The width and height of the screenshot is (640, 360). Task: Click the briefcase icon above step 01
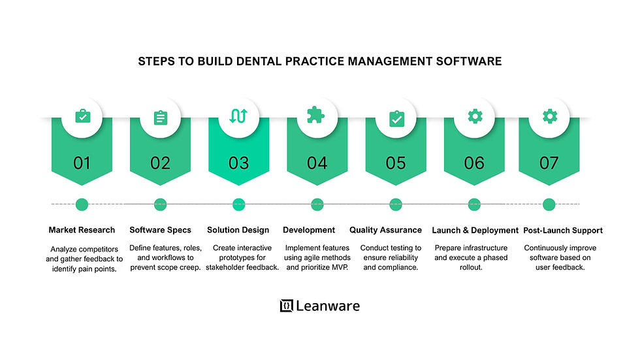point(82,116)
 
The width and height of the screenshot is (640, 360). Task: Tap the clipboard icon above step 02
point(160,117)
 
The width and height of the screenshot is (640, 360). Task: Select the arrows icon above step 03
point(238,116)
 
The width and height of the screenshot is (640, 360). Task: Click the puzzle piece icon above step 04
point(316,116)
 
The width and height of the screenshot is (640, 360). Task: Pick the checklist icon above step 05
point(396,118)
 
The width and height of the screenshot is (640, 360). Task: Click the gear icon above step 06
point(474,116)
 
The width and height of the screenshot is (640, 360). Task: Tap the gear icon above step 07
point(550,116)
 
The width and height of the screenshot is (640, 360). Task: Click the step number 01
point(82,163)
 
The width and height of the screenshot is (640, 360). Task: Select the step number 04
point(317,163)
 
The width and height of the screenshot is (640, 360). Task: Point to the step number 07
point(549,163)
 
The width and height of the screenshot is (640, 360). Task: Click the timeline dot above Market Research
point(82,205)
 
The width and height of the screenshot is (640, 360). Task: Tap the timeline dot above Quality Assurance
point(396,205)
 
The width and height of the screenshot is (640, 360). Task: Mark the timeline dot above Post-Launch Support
point(549,205)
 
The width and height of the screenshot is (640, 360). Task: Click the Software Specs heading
point(160,230)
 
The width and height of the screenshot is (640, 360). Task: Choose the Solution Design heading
point(238,230)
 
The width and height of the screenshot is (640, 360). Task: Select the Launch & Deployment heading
point(475,230)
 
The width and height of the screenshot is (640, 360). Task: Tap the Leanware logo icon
point(286,306)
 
